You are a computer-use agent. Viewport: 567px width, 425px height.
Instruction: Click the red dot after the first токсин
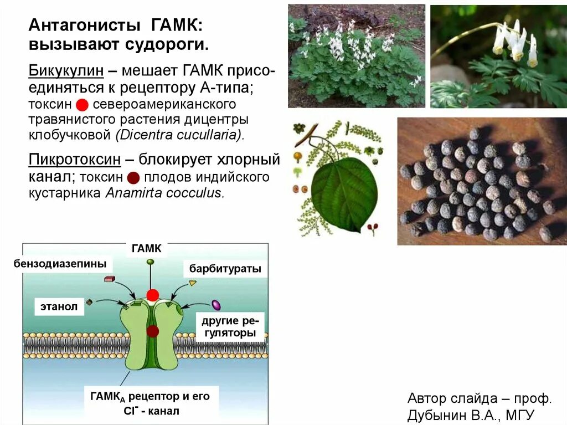click(82, 104)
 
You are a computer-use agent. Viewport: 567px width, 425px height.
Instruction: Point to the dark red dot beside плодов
click(133, 177)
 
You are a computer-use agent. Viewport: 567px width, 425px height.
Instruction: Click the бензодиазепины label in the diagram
click(60, 264)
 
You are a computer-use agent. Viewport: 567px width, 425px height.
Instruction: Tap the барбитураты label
click(225, 269)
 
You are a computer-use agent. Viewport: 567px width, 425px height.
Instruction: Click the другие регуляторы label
click(228, 327)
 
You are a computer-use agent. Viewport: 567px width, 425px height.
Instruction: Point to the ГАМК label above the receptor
click(146, 249)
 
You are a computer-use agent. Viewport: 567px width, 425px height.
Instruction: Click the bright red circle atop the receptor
click(152, 295)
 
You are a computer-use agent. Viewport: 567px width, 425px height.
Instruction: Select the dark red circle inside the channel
click(152, 331)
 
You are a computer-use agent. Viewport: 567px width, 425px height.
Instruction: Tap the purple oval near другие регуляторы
click(216, 305)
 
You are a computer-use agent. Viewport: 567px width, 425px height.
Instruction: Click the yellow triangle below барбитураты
click(192, 283)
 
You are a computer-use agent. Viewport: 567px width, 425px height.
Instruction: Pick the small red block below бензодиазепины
click(109, 279)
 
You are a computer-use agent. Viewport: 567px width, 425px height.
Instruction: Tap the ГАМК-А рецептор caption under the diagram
click(150, 403)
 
